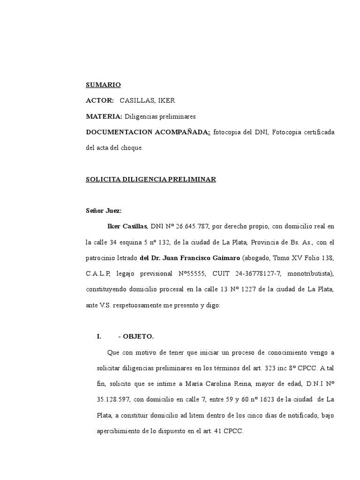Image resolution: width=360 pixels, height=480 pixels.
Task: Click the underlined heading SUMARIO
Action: tap(103, 85)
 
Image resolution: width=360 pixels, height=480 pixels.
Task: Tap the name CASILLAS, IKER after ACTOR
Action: tap(147, 100)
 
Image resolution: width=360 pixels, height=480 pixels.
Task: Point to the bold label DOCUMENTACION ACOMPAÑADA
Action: tap(148, 132)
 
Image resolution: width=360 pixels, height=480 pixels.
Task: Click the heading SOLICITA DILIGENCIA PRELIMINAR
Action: tap(150, 180)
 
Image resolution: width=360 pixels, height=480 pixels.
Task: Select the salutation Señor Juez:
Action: tap(104, 211)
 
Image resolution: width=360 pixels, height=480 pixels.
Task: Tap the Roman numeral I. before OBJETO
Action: tap(99, 337)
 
